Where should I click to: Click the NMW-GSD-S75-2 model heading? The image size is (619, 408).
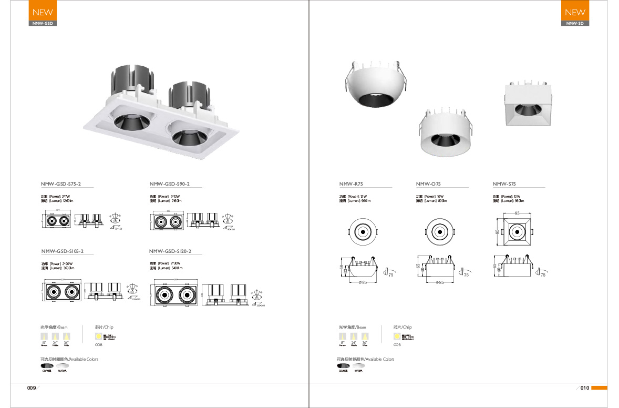coord(60,184)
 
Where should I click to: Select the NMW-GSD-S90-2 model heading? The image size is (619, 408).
coord(169,184)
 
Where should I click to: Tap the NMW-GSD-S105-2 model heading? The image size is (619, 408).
coord(62,251)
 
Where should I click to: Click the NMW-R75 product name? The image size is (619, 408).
coord(351,184)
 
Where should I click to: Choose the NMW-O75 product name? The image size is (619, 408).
coord(428,184)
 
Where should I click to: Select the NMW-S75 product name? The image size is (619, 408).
coord(504,184)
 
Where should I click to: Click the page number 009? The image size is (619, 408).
coord(31,388)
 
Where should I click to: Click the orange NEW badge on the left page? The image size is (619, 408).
coord(42,12)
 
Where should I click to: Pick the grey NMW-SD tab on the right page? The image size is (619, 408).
coord(575,24)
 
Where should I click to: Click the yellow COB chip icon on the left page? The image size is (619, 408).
coord(98,336)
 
